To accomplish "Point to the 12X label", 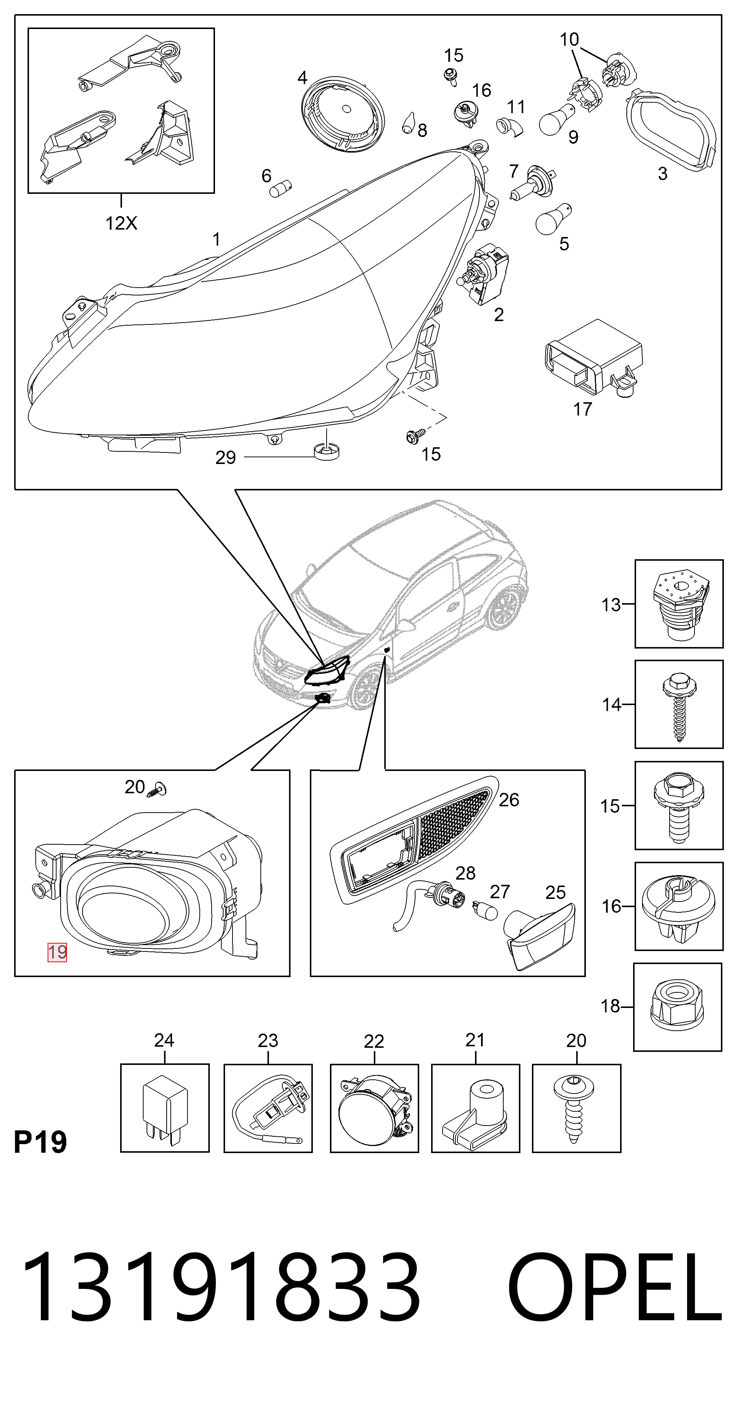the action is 121,223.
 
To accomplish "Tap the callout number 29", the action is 225,458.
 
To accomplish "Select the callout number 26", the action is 509,800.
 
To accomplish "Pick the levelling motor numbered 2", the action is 483,275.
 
